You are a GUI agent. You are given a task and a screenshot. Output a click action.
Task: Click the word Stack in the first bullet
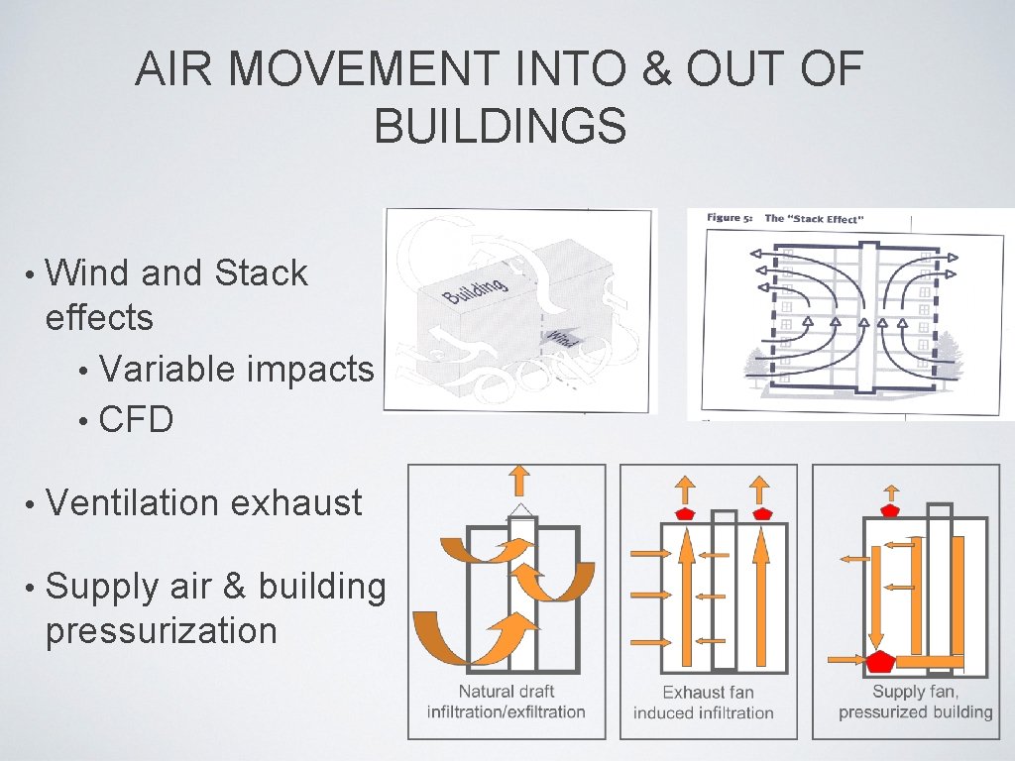(261, 272)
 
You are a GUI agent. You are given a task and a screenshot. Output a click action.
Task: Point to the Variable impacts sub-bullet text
(236, 369)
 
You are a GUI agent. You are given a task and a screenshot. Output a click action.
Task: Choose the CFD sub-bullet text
(136, 420)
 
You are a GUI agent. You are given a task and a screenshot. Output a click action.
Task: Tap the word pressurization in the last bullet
(161, 630)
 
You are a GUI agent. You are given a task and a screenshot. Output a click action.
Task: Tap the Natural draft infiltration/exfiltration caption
(506, 702)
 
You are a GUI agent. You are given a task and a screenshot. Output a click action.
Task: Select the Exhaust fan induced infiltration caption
(703, 703)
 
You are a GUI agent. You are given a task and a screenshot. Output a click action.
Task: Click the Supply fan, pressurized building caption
(915, 702)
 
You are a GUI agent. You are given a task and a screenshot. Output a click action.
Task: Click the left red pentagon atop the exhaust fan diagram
(685, 513)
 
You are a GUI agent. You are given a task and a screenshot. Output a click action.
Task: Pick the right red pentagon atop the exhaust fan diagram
(760, 513)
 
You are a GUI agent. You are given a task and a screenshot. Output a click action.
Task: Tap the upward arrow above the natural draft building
(518, 481)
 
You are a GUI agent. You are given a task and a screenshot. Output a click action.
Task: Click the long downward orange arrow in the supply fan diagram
(876, 594)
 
